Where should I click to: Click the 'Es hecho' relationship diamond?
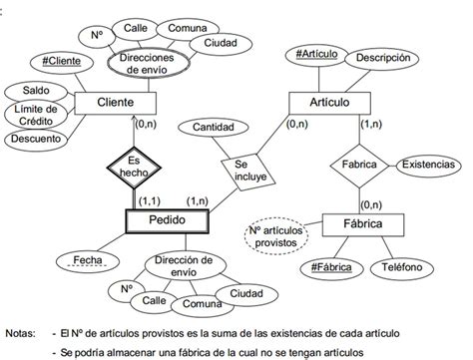132,166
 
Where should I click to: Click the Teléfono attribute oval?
406,267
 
